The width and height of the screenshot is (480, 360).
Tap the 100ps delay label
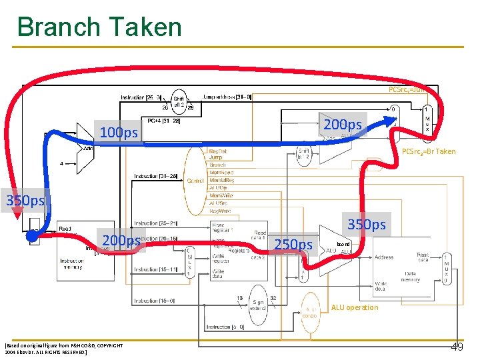(119, 133)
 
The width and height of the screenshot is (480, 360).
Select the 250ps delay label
(293, 245)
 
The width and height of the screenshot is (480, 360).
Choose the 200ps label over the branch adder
(343, 125)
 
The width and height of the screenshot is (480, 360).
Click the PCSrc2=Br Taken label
(429, 151)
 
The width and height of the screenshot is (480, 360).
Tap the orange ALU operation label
(354, 307)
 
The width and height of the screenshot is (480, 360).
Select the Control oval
(195, 180)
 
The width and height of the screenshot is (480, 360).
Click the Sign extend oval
(258, 305)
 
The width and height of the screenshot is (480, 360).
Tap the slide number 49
(457, 347)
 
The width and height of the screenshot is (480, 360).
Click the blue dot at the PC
(31, 235)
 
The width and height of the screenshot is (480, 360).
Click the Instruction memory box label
(71, 264)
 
